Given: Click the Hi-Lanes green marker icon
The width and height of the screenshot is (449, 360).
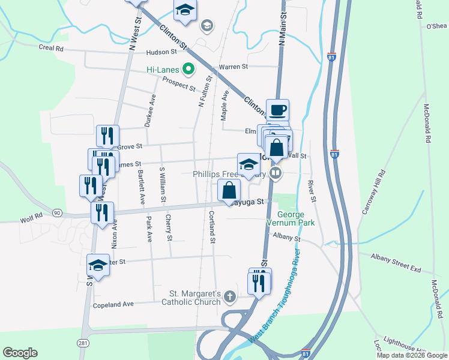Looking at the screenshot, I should (x=188, y=70).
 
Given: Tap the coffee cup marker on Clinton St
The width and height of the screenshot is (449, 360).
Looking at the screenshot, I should (x=277, y=110).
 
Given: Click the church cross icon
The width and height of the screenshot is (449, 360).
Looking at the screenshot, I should (x=230, y=295).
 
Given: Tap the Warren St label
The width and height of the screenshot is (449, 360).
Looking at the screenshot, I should (x=234, y=67).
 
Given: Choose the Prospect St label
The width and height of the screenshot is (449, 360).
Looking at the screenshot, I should (x=179, y=84).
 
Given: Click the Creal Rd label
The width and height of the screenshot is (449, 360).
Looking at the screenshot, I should (x=51, y=48).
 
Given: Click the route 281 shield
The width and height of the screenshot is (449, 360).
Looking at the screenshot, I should (x=83, y=342).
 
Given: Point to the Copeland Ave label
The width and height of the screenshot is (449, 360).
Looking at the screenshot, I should (x=113, y=305).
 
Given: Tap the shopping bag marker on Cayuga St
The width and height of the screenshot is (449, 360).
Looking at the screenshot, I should (x=229, y=191).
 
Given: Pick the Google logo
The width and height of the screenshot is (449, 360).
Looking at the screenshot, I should (x=20, y=353).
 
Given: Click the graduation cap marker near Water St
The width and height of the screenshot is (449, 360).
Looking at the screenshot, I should (x=98, y=265).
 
